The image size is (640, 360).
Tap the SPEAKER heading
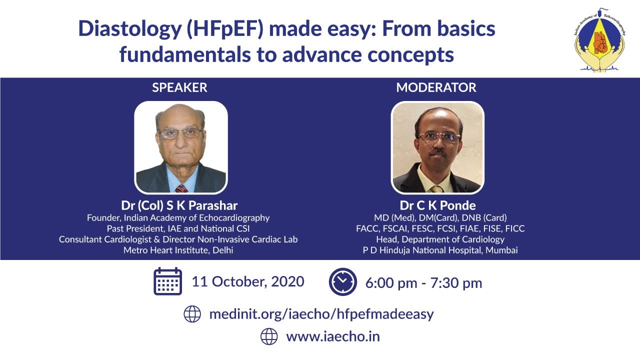(x=179, y=88)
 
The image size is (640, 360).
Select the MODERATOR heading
(x=436, y=88)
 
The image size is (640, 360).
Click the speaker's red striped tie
(x=181, y=188)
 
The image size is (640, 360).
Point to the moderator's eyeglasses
(x=438, y=136)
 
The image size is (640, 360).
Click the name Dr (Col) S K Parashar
(x=179, y=205)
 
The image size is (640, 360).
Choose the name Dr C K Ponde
(x=437, y=205)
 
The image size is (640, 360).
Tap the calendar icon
(x=167, y=281)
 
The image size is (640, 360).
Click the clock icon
(x=342, y=282)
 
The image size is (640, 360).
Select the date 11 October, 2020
(x=247, y=281)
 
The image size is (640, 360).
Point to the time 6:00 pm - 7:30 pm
(x=423, y=283)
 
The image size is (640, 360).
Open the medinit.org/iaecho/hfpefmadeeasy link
(x=321, y=314)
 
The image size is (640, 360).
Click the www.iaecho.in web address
(x=332, y=336)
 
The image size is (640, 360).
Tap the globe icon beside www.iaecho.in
(x=269, y=336)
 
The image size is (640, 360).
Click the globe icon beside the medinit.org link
(x=192, y=314)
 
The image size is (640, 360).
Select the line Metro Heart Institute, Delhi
(x=178, y=250)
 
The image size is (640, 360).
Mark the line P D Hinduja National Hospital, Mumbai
(x=440, y=250)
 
